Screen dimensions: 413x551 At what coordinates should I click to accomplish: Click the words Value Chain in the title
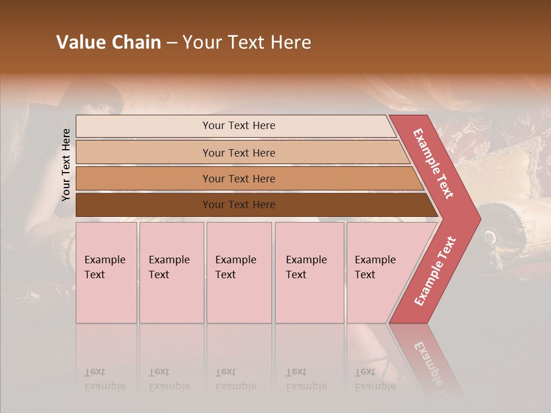coord(108,42)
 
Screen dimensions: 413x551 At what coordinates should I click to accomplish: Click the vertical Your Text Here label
coord(66,165)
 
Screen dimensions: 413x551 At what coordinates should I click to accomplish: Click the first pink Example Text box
coord(106,272)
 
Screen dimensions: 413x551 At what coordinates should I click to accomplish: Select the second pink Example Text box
coord(171,272)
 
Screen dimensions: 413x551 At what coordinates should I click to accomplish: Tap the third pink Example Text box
coord(239,272)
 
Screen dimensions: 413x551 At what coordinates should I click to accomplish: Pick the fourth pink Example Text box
coord(309,272)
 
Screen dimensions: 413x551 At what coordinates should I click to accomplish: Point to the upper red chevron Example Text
coord(433,163)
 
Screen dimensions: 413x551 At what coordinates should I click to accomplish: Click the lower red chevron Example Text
coord(435,271)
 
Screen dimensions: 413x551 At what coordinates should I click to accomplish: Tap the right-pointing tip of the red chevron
coord(478,219)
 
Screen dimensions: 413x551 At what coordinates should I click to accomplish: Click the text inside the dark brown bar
coord(239,205)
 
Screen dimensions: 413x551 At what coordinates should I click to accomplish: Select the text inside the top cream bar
coord(239,126)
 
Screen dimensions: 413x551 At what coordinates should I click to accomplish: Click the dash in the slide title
coord(172,43)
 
